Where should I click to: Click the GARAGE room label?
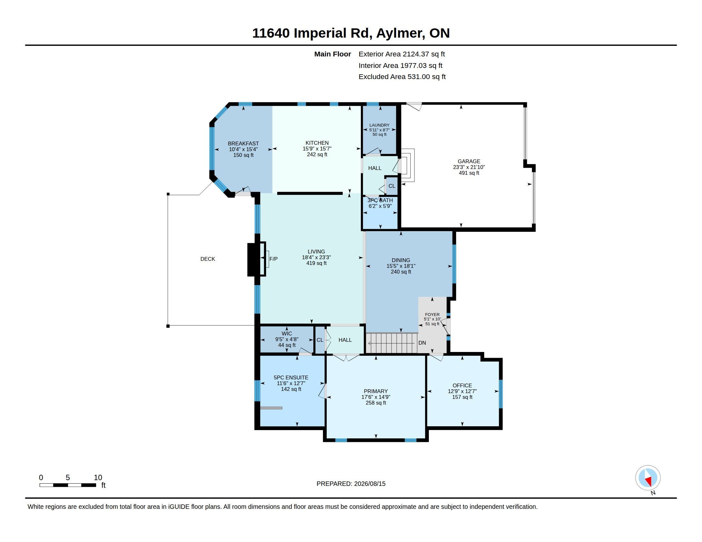(469, 162)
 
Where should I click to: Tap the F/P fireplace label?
(273, 259)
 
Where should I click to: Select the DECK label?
(208, 259)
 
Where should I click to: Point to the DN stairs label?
(422, 343)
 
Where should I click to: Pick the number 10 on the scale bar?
(98, 478)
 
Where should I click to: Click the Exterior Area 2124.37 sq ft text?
(402, 54)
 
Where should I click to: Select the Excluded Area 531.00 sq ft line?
(402, 77)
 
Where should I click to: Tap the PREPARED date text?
(351, 484)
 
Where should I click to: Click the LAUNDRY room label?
(379, 125)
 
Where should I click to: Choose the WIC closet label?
(287, 333)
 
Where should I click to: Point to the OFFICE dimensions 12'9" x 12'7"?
(462, 392)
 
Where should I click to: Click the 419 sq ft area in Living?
(316, 263)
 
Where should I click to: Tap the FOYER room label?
(432, 315)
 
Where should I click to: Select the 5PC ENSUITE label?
(291, 377)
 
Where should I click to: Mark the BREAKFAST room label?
(243, 143)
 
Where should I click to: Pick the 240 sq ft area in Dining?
(401, 272)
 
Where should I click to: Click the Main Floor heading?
(333, 54)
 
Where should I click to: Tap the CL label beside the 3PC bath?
(392, 186)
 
